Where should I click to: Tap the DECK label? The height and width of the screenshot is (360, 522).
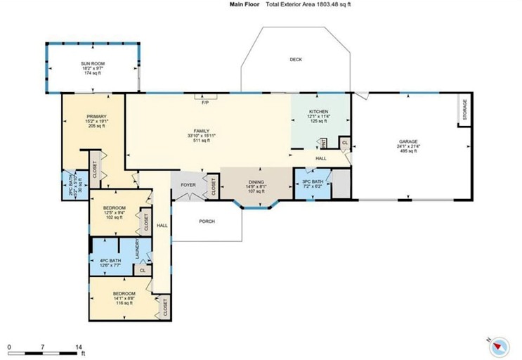tap(296, 60)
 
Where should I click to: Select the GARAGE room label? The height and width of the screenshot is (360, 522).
tap(408, 141)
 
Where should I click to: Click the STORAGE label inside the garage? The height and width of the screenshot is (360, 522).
tap(464, 110)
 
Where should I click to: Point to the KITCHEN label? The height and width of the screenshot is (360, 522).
tap(319, 112)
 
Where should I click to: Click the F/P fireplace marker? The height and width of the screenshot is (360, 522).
tap(205, 103)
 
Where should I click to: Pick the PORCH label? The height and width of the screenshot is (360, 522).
tap(206, 221)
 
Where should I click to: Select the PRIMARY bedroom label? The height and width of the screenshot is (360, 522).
tap(96, 116)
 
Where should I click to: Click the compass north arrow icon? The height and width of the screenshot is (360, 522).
tap(500, 345)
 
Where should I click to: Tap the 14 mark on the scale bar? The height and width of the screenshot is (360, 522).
tap(78, 347)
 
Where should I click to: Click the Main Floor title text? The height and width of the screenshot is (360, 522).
tap(244, 4)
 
